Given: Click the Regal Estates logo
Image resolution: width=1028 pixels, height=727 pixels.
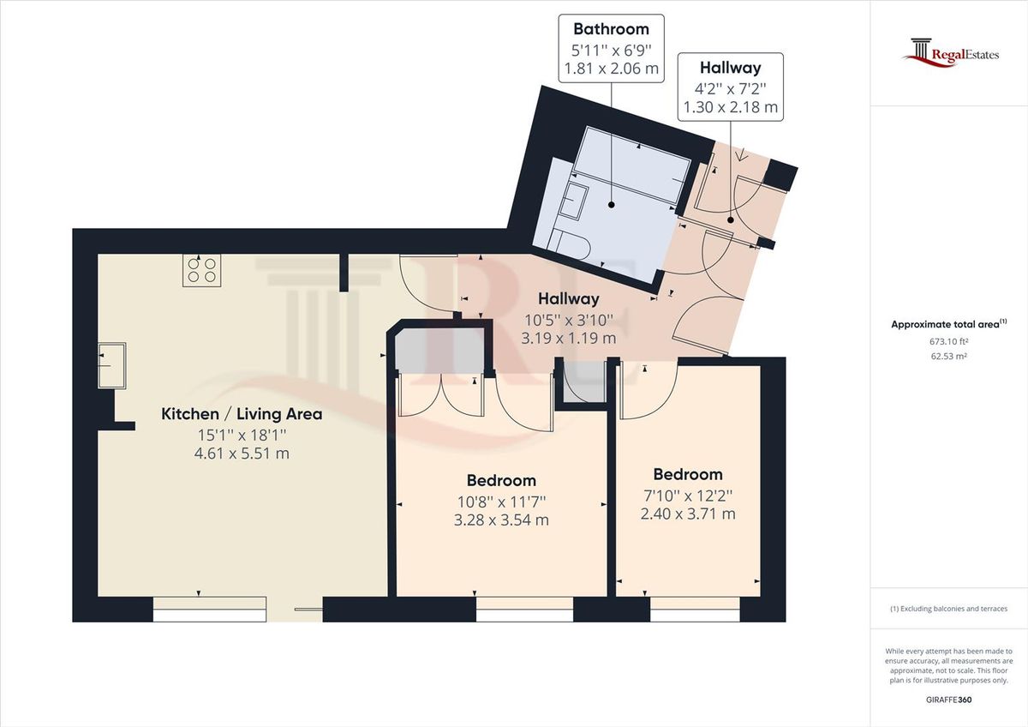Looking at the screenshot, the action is pyautogui.click(x=951, y=53).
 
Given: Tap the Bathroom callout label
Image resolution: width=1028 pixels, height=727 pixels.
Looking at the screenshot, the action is pyautogui.click(x=611, y=29).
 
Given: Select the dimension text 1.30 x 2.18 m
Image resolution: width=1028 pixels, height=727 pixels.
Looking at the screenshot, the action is pyautogui.click(x=730, y=107).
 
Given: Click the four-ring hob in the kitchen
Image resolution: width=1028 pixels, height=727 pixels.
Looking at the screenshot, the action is pyautogui.click(x=201, y=270).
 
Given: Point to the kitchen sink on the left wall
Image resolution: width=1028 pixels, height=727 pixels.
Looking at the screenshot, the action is pyautogui.click(x=111, y=365).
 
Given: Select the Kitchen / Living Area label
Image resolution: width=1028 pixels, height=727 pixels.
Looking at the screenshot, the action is pyautogui.click(x=242, y=414).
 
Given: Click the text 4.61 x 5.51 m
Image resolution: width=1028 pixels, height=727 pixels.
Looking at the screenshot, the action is pyautogui.click(x=242, y=454).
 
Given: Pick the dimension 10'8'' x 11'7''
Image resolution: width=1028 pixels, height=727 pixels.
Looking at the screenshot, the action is pyautogui.click(x=501, y=501).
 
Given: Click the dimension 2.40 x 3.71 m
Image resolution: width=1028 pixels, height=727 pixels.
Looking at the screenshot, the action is pyautogui.click(x=687, y=514).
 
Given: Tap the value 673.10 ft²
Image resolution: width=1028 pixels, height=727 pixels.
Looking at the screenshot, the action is pyautogui.click(x=948, y=341).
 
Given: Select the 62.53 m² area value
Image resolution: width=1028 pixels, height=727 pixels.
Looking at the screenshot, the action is pyautogui.click(x=948, y=356).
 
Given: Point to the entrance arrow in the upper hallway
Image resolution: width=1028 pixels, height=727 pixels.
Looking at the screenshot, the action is pyautogui.click(x=741, y=156).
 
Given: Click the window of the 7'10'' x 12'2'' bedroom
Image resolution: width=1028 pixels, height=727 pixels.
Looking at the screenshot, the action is pyautogui.click(x=695, y=610).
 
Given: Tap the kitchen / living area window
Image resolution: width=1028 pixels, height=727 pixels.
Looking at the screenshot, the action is pyautogui.click(x=209, y=610).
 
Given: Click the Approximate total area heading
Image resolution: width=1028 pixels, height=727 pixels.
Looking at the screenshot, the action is pyautogui.click(x=948, y=324).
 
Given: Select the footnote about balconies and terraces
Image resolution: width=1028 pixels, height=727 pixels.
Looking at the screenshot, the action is pyautogui.click(x=948, y=609).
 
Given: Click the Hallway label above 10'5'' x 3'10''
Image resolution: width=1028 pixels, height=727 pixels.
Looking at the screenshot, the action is pyautogui.click(x=569, y=299).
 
